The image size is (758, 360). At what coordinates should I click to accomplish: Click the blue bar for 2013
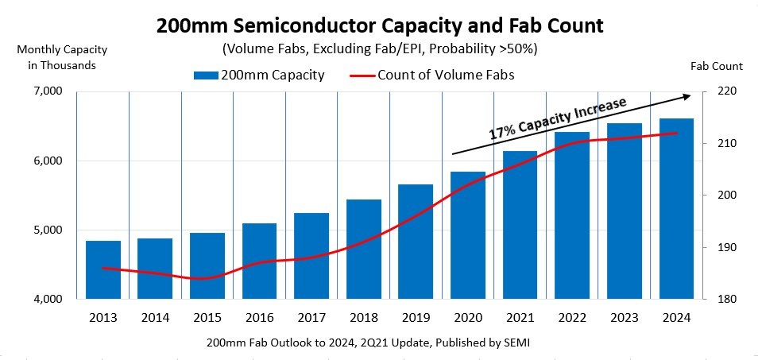[103, 270]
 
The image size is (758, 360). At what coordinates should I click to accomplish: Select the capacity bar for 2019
[416, 242]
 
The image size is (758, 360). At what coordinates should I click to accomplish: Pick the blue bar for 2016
[259, 261]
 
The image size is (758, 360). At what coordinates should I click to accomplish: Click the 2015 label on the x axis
[207, 318]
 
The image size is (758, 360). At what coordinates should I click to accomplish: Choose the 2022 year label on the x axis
[572, 318]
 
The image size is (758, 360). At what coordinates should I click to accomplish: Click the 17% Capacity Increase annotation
[558, 120]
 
